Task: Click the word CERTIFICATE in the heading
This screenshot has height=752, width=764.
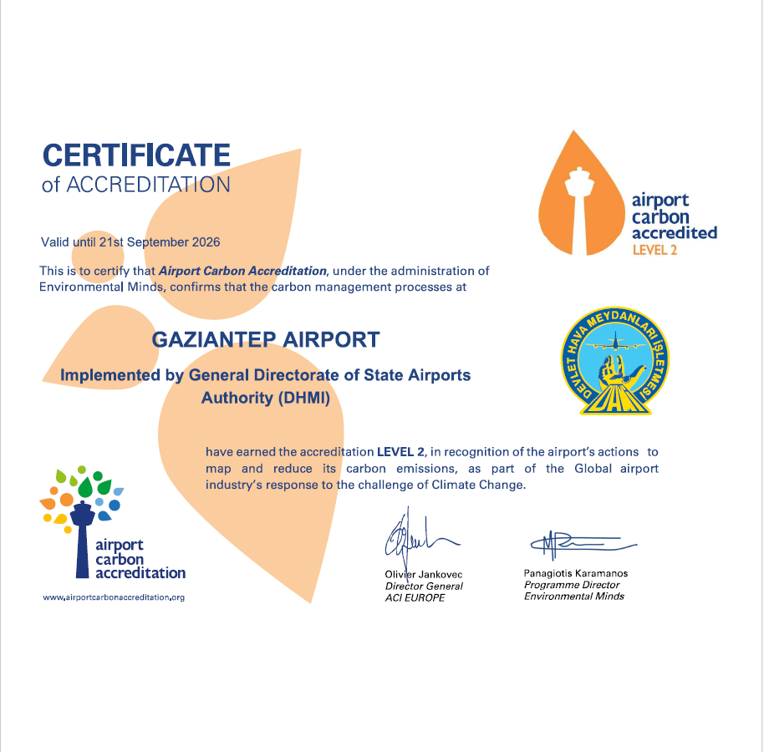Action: point(136,155)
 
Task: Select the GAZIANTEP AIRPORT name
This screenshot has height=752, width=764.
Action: point(266,340)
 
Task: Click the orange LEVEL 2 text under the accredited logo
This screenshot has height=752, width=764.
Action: point(654,250)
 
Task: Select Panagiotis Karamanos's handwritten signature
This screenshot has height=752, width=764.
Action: point(577,545)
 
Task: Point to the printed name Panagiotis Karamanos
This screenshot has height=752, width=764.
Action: point(576,574)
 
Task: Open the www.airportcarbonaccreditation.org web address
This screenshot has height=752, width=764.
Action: point(114,597)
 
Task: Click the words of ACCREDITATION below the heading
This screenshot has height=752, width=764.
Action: point(136,185)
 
